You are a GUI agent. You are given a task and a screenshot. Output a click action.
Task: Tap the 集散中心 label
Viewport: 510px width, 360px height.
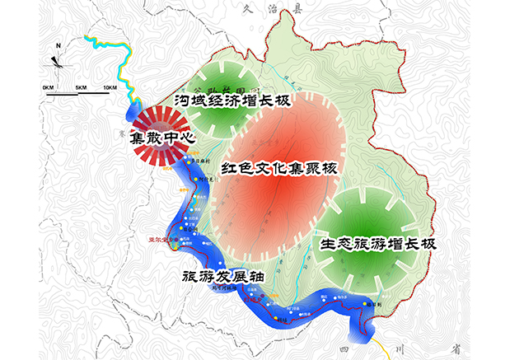(x=161, y=138)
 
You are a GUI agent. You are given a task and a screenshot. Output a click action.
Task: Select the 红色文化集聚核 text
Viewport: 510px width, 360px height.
(x=275, y=168)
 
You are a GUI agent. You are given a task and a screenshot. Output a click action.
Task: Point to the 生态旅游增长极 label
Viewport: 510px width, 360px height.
(x=377, y=245)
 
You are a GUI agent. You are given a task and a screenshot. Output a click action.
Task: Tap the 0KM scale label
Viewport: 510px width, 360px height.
(x=48, y=86)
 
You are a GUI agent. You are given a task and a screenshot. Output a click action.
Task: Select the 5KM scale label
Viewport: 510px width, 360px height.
(x=81, y=86)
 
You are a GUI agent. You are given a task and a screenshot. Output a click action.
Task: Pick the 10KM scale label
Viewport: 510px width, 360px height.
(x=110, y=86)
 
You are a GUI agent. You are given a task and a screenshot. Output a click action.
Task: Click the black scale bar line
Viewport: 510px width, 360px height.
(x=82, y=94)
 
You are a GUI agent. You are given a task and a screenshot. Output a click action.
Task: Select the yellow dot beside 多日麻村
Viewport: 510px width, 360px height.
(x=189, y=161)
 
